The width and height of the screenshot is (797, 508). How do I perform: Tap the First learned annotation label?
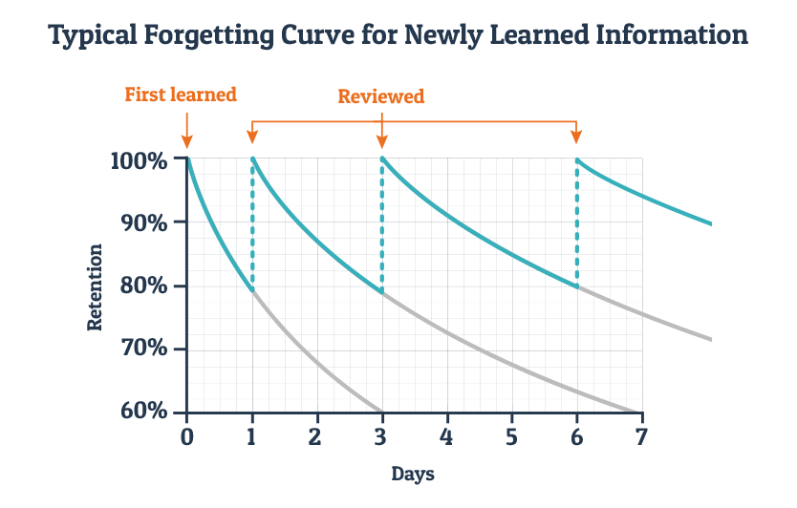tap(181, 95)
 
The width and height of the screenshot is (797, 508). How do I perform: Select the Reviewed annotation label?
tap(381, 96)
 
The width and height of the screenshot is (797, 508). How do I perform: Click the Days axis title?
tap(413, 474)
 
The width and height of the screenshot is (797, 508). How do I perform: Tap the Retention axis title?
tap(95, 286)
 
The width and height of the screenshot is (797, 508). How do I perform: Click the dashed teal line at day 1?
tap(252, 224)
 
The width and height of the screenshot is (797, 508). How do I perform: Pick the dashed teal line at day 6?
tap(577, 224)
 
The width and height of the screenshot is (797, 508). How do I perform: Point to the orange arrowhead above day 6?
tap(577, 137)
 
